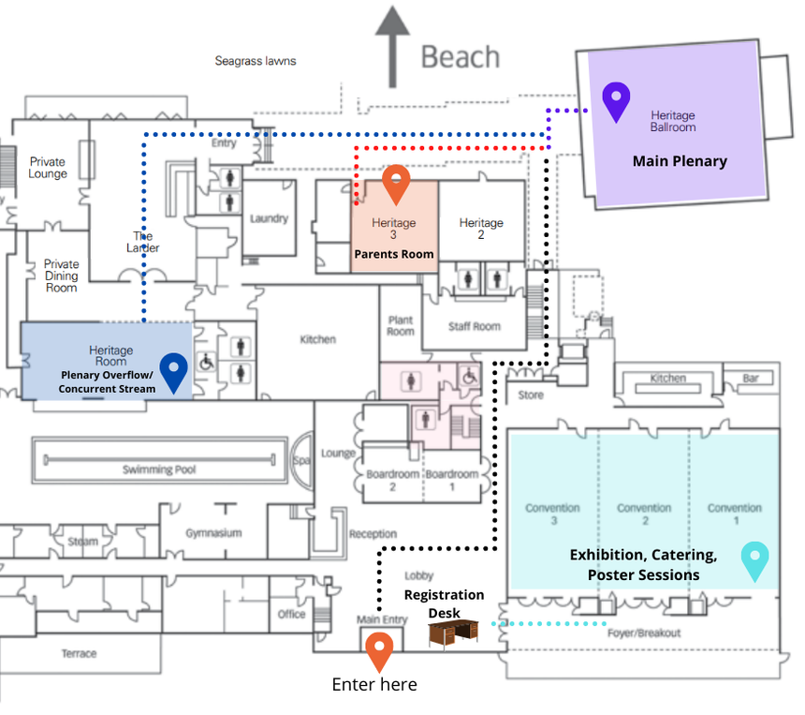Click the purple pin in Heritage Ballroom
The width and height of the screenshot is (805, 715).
tap(615, 100)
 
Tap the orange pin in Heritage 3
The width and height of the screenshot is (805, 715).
tap(397, 183)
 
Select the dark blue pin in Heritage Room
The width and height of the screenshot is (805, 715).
tap(173, 370)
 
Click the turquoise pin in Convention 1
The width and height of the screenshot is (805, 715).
tap(754, 560)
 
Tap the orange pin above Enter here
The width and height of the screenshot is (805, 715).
tap(378, 650)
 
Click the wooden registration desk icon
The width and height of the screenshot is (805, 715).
tap(453, 634)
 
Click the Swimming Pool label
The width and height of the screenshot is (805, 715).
tap(159, 469)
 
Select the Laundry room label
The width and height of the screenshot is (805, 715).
tap(269, 218)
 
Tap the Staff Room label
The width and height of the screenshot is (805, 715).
tap(474, 326)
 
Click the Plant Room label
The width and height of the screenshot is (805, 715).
tap(401, 325)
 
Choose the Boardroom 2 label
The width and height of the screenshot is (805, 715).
tap(393, 480)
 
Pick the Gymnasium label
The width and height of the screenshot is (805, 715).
tap(212, 532)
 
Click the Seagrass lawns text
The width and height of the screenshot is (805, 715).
tap(256, 61)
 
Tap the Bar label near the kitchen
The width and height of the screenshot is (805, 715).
tap(750, 379)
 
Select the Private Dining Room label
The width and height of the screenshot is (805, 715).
tap(62, 276)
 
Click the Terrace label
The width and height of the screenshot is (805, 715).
tap(79, 653)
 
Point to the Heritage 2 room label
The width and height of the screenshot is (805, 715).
tap(481, 229)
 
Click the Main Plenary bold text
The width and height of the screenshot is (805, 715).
tap(680, 161)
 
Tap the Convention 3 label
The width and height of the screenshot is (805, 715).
tap(552, 514)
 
